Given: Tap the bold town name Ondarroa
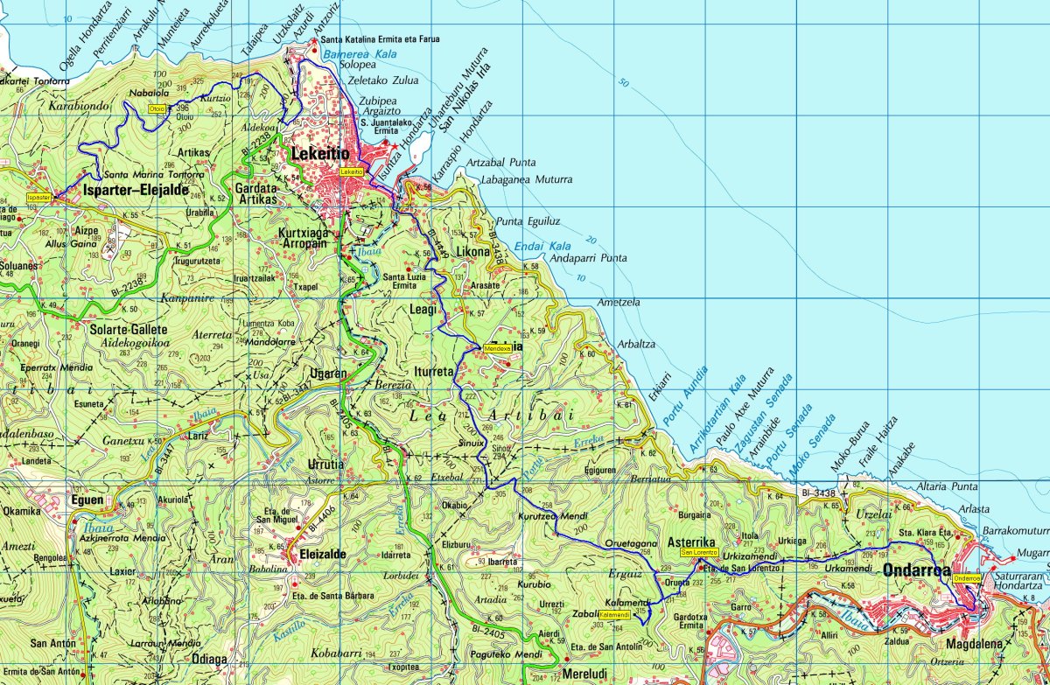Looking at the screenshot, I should tap(913, 571).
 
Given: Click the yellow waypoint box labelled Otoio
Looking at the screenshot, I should tap(157, 108).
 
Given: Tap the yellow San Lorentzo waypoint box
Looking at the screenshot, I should tap(699, 553).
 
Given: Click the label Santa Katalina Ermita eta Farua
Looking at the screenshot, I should tap(380, 39).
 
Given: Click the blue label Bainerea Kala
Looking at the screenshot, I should tap(348, 54).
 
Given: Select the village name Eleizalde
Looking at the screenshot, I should tap(317, 554).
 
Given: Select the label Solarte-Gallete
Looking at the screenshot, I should tap(128, 330).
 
